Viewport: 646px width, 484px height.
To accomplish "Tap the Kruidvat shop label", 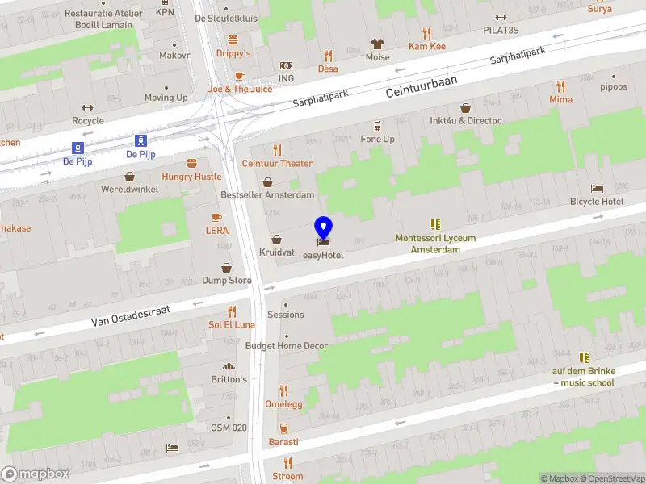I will pos(277,252).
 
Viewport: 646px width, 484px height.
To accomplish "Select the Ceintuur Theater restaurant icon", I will pos(277,150).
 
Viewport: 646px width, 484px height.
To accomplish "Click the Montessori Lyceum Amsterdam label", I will pos(435,244).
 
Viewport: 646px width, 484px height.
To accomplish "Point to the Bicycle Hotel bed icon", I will pos(596,188).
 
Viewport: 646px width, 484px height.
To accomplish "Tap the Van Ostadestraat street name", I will pos(133,315).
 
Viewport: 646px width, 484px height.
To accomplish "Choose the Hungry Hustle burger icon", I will pos(191,163).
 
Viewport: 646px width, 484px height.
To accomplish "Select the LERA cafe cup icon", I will pos(216,217).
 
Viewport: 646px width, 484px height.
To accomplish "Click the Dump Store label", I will pos(227,281).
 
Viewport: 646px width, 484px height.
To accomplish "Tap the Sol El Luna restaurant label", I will pos(232,324).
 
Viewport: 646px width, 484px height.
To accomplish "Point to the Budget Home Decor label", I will pos(287,346).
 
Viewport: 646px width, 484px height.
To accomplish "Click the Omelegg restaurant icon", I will pos(283,390).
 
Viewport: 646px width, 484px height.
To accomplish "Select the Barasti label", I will pos(283,442).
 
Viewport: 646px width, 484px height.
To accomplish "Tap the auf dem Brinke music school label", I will pos(583,377).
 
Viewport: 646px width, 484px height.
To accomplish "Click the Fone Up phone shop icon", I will pos(377,126).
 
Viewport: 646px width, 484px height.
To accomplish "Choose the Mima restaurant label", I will pos(560,99).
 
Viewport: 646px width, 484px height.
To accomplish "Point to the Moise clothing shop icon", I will pos(377,44).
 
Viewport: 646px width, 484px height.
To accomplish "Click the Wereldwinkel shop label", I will pos(129,189).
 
